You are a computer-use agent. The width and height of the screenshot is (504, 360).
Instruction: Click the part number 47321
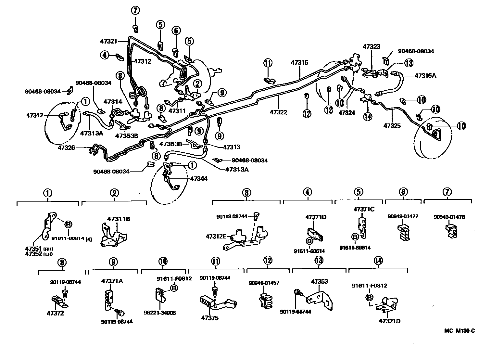[x=108, y=41]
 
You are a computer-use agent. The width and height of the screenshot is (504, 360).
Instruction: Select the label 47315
[x=299, y=62]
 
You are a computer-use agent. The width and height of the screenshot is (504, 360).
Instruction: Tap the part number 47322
[x=278, y=112]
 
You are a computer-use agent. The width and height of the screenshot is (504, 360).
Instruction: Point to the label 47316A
[x=425, y=76]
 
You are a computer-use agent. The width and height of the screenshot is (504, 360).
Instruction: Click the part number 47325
[x=392, y=125]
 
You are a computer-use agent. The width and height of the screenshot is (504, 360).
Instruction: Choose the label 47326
[x=67, y=148]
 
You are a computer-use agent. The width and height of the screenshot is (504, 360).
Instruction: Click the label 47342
[x=35, y=115]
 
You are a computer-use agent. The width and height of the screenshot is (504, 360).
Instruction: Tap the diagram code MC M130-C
[x=460, y=331]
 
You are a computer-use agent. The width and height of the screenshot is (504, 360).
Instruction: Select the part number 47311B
[x=119, y=219]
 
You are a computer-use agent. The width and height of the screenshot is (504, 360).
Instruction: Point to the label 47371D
[x=315, y=217]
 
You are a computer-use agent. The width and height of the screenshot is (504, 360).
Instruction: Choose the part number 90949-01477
[x=403, y=217]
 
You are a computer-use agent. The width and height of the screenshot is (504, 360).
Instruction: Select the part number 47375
[x=209, y=318]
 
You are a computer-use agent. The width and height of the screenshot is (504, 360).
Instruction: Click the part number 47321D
[x=389, y=321]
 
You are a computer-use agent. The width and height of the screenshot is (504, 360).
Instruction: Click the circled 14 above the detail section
[x=378, y=261]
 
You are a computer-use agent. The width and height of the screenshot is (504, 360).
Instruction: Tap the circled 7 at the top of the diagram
[x=135, y=10]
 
